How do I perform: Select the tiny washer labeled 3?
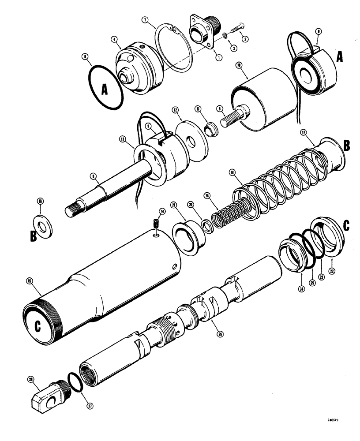click(225, 35)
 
